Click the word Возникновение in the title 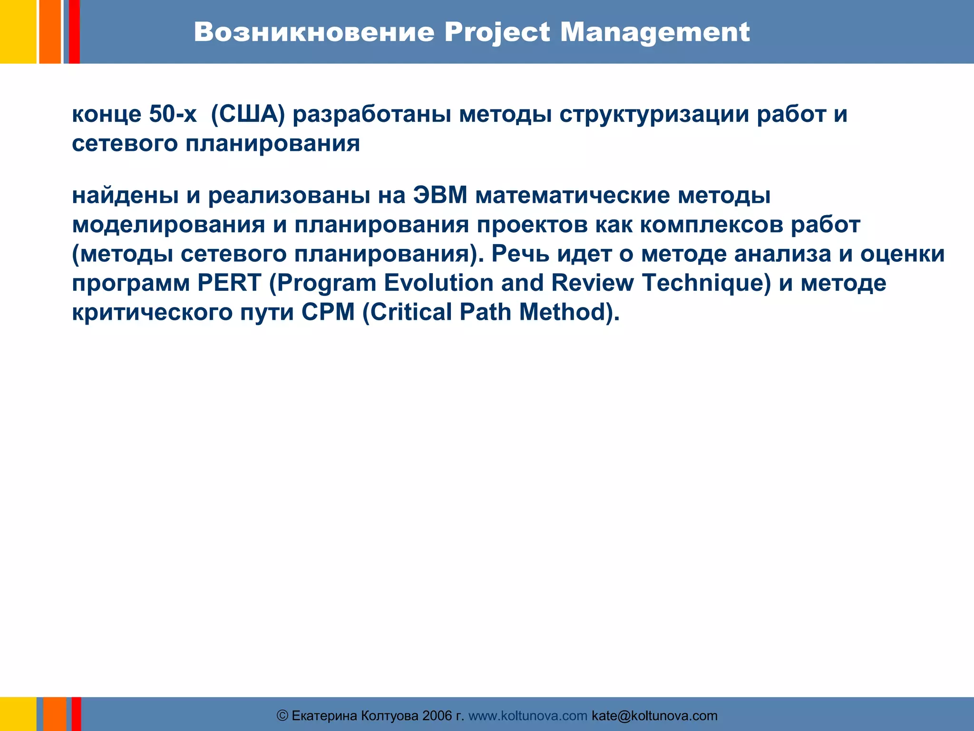click(314, 32)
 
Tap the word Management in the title click(654, 32)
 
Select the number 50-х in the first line click(173, 114)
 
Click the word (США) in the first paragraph click(247, 114)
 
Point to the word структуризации click(654, 114)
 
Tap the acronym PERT click(229, 283)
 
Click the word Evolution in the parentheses click(438, 283)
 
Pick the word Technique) click(706, 283)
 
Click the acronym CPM click(328, 312)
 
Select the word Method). click(569, 312)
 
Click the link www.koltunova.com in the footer click(528, 716)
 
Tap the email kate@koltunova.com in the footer click(654, 716)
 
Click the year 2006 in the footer click(437, 716)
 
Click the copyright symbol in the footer click(282, 716)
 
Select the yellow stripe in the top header click(18, 31)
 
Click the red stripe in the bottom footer click(76, 714)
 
